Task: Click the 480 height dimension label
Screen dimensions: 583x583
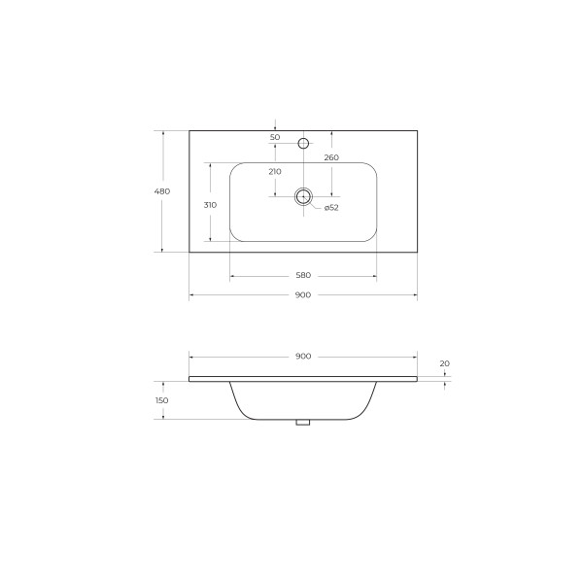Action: point(162,191)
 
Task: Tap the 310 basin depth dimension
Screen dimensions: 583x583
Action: point(209,204)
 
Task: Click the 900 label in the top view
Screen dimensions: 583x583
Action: point(302,295)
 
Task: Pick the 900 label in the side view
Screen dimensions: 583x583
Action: point(302,357)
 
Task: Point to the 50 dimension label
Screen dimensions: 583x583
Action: point(275,138)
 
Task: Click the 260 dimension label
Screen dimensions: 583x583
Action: point(331,157)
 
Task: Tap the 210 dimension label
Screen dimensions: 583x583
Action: point(275,171)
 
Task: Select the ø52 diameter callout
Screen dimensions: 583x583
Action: point(330,208)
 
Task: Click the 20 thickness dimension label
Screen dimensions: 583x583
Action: point(445,363)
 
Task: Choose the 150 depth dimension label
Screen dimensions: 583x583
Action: point(162,399)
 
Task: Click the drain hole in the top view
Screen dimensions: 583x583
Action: point(303,195)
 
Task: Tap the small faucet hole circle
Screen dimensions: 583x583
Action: point(303,144)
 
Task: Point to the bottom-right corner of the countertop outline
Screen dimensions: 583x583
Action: point(417,253)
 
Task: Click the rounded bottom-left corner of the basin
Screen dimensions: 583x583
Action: point(236,236)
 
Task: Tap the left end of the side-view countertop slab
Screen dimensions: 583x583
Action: point(190,376)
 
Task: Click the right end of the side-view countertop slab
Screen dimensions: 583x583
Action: point(416,376)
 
